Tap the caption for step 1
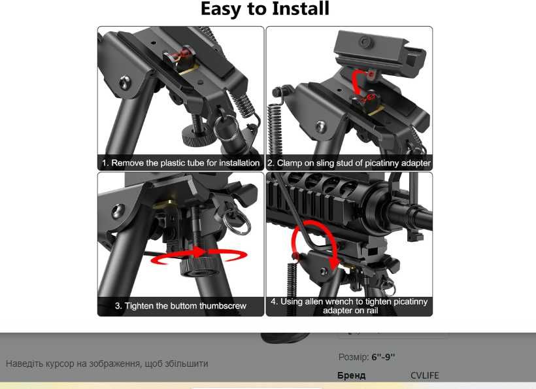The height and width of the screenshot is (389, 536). click(181, 163)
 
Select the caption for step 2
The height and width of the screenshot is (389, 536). click(349, 163)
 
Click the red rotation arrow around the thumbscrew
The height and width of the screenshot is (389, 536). click(198, 256)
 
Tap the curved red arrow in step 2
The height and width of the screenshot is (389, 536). click(358, 81)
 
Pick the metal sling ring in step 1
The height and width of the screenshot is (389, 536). click(226, 127)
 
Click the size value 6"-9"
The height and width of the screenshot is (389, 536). click(383, 357)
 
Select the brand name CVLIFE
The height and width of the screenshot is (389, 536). click(425, 375)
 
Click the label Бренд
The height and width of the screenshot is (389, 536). click(351, 375)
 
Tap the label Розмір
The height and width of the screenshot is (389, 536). click(354, 357)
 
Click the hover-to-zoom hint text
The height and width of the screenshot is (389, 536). click(107, 364)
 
